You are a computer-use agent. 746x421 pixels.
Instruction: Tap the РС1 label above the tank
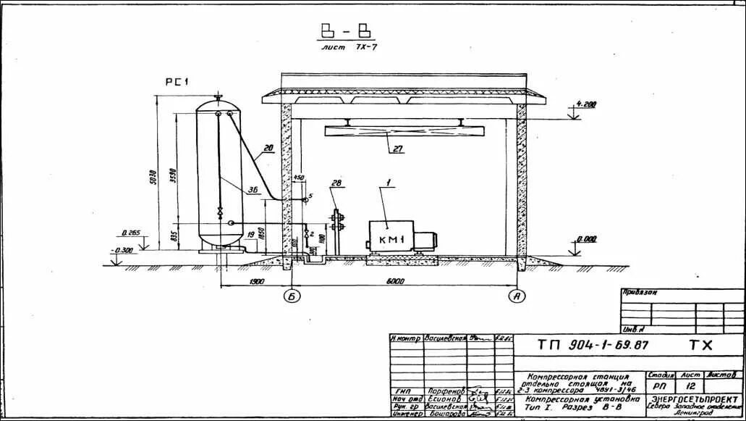click(x=177, y=83)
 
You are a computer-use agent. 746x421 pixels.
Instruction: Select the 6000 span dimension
click(x=395, y=281)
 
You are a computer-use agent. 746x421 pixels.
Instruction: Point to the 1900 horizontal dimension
click(x=255, y=281)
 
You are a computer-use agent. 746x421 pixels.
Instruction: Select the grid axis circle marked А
click(x=517, y=296)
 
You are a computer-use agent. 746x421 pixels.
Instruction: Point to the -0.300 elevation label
click(x=123, y=250)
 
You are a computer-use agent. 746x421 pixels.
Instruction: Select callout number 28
click(x=336, y=183)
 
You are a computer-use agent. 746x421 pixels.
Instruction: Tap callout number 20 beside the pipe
click(x=268, y=149)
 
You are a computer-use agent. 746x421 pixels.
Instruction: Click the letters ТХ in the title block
click(x=700, y=346)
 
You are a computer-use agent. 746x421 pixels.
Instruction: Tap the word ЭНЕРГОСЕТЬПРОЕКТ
click(x=697, y=399)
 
